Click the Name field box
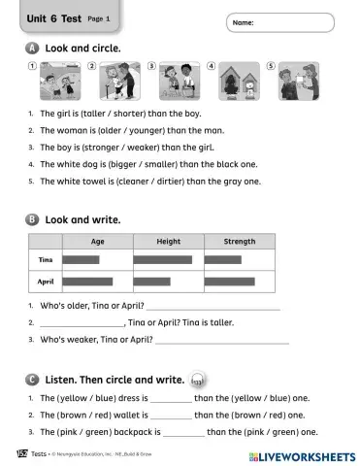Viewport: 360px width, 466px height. (284, 21)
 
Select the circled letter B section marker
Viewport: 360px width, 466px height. (34, 219)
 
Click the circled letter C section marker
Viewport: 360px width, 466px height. (34, 379)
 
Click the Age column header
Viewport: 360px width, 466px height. (97, 242)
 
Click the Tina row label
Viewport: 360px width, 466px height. (45, 260)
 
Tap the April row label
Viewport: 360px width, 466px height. (45, 283)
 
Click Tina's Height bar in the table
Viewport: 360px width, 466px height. (162, 260)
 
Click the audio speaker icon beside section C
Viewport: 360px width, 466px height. (198, 380)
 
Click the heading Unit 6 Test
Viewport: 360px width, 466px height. (55, 17)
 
